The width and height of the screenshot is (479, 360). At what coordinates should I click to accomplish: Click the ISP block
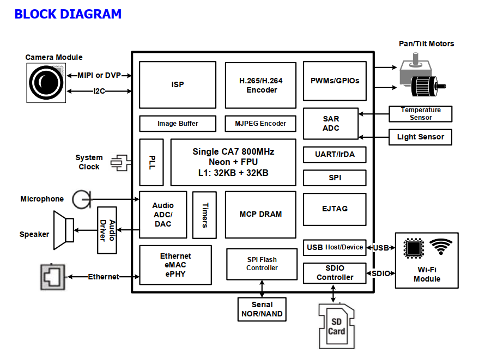pos(178,84)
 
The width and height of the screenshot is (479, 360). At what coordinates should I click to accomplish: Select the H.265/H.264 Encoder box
pos(261,85)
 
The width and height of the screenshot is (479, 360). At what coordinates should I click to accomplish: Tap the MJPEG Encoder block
pos(261,124)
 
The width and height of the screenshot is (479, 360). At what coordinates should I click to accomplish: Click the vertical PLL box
pos(151,162)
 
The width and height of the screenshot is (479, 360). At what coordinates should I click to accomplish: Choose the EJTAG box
pos(335,209)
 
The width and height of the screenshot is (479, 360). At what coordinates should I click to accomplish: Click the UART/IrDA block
pos(335,154)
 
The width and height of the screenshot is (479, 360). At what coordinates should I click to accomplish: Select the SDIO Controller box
pos(335,272)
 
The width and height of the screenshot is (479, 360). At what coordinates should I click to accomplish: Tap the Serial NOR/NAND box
pos(262,309)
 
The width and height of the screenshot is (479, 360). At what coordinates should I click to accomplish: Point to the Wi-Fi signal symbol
pos(440,246)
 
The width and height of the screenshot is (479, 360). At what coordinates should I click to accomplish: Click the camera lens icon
pos(46,83)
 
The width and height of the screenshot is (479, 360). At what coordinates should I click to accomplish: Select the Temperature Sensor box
pos(420,114)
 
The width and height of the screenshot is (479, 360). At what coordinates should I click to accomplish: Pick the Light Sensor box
pos(420,137)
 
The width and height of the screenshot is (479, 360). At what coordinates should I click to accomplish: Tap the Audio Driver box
pos(107,230)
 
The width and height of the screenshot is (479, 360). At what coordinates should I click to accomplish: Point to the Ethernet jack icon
pos(53,277)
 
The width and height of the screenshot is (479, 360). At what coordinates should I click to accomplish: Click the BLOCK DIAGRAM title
pos(68,14)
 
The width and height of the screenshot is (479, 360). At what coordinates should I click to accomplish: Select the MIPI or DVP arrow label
pos(99,75)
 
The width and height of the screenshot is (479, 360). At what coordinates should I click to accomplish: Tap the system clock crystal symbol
pos(120,162)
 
